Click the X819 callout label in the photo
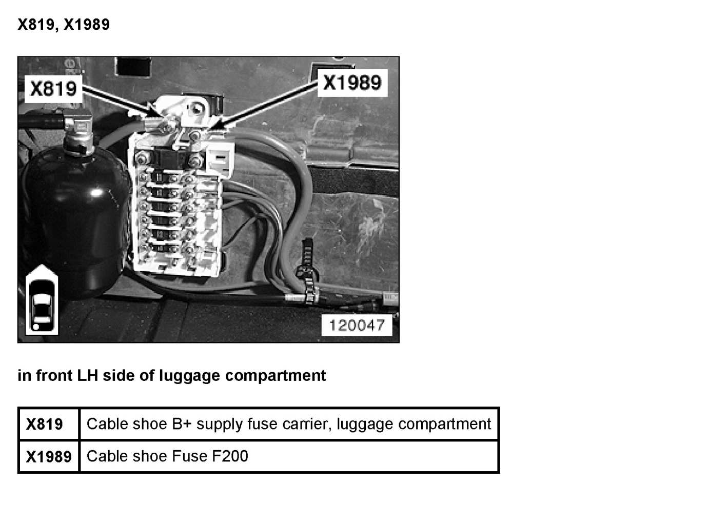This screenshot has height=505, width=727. tap(53, 89)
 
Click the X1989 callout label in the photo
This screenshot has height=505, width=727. tap(352, 83)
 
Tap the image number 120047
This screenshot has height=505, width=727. tap(357, 325)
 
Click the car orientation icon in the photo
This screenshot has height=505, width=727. tap(42, 300)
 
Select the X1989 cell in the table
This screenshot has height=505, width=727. tap(48, 456)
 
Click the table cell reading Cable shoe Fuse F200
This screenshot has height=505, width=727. tap(167, 456)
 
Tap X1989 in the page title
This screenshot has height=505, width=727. tap(86, 25)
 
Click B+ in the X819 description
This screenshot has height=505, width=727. tap(181, 424)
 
